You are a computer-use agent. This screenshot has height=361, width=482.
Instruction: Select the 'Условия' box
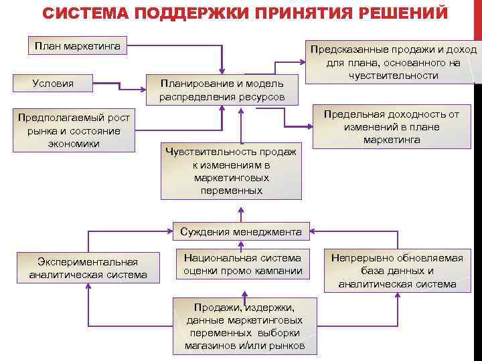(x=54, y=84)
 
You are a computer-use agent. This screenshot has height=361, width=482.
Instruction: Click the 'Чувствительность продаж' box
(x=231, y=171)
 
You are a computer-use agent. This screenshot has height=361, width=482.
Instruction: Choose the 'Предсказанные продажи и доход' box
(x=392, y=62)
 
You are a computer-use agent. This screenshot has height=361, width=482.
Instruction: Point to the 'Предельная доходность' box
(x=392, y=127)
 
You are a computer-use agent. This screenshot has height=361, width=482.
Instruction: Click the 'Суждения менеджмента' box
(x=241, y=232)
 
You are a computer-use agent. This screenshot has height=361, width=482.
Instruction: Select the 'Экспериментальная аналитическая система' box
(x=88, y=267)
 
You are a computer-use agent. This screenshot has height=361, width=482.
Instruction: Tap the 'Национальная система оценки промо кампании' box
(x=243, y=264)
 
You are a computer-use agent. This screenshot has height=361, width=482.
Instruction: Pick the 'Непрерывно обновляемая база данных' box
(x=398, y=270)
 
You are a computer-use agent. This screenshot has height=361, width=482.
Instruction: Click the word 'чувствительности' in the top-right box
(x=393, y=76)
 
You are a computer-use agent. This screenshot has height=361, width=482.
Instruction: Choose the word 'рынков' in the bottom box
(x=289, y=346)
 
